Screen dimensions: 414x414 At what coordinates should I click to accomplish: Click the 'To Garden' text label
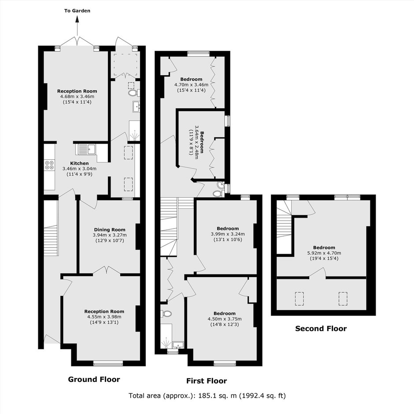point(77,11)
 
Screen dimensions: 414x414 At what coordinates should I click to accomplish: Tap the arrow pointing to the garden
point(78,26)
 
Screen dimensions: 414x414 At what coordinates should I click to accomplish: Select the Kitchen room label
point(79,163)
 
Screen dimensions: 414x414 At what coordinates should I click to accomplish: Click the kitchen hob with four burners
point(49,165)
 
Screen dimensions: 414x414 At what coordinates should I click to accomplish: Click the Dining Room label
point(110,230)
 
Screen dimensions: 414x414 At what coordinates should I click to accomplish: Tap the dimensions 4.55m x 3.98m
point(104,317)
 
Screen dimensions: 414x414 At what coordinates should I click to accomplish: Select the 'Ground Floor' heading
point(94,379)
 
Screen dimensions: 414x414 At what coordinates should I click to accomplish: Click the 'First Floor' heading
point(207,381)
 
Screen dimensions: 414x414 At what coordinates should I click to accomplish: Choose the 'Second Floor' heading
point(321,329)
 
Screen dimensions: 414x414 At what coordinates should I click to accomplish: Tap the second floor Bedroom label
point(324,248)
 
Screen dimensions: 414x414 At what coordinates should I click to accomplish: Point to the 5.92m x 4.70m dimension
point(324,253)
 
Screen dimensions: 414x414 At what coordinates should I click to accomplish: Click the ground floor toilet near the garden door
point(133,93)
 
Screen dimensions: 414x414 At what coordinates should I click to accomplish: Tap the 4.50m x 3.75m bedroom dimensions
point(225,319)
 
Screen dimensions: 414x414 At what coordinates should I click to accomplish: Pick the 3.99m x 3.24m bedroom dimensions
point(228,234)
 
